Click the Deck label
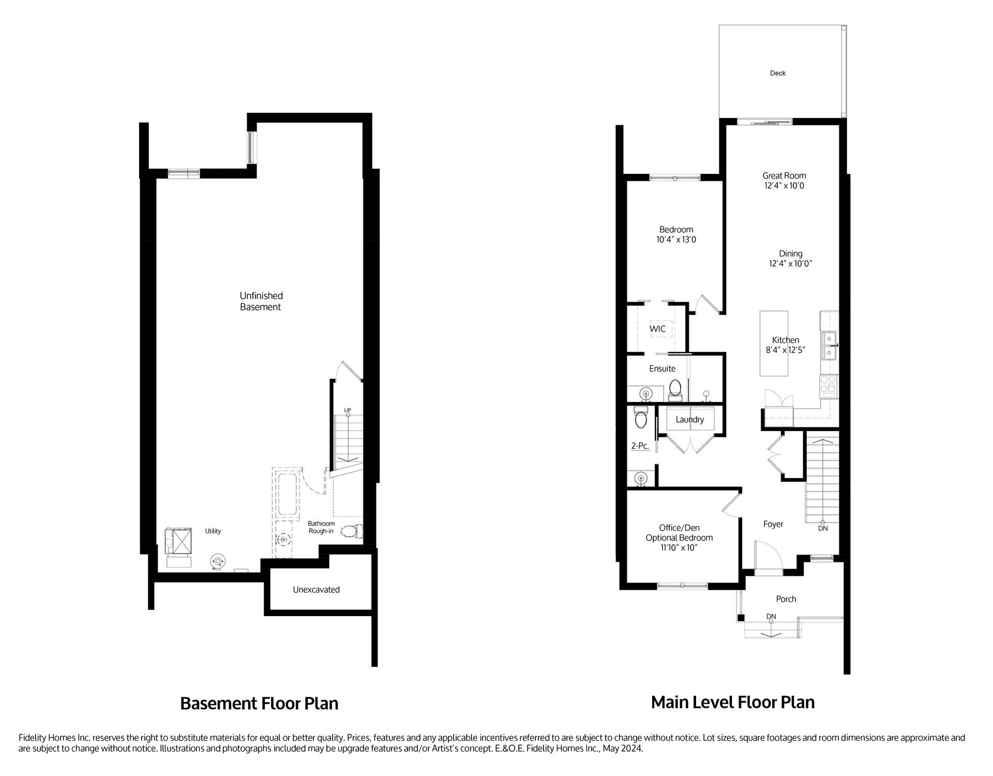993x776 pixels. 777,73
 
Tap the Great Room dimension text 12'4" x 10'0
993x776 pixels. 784,186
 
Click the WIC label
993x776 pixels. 657,329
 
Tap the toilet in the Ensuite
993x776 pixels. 675,390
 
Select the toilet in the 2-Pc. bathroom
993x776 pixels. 641,418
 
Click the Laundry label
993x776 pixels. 689,420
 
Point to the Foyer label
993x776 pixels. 773,524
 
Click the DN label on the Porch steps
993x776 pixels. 771,616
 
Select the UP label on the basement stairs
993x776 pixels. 348,410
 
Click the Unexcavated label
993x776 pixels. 316,590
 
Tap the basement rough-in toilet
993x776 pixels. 353,532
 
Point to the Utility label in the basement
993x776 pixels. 213,531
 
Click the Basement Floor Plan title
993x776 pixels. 259,704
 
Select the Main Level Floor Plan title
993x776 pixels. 732,702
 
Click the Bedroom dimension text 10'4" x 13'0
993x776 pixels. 676,240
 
